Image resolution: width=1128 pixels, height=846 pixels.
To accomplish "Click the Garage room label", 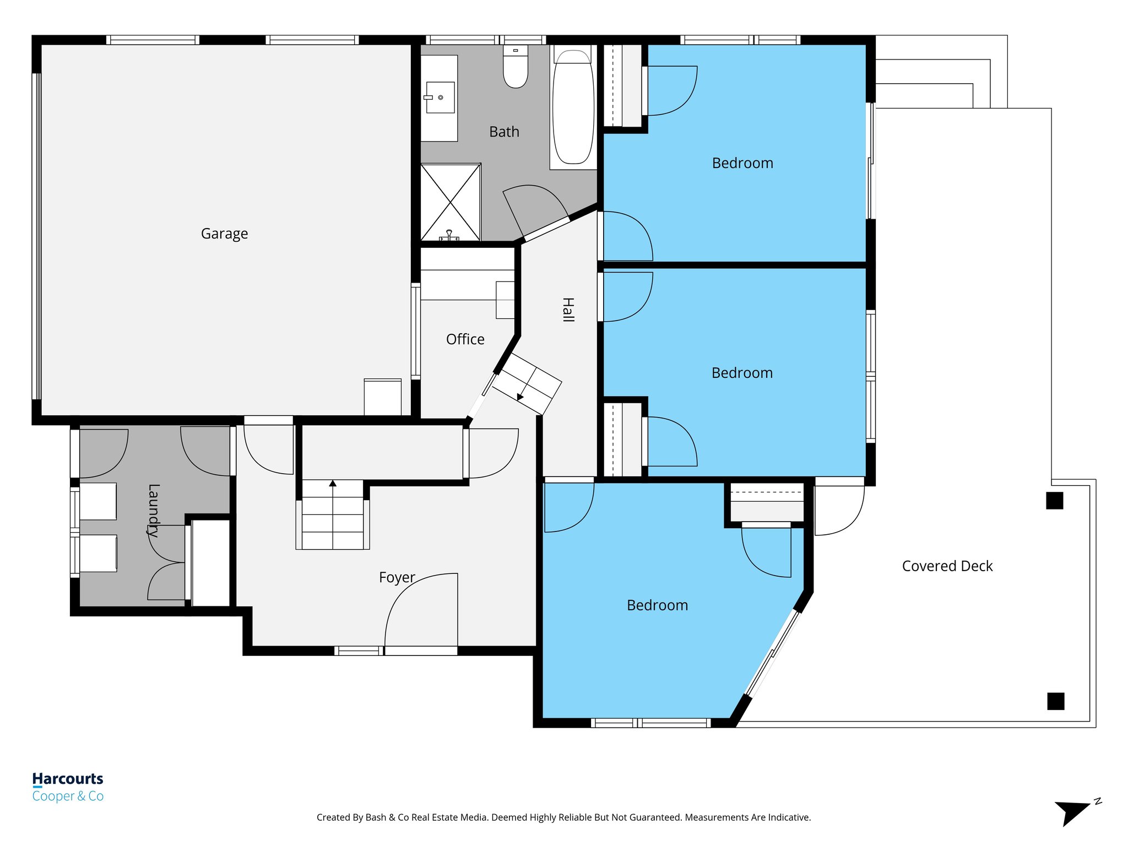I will pyautogui.click(x=224, y=234).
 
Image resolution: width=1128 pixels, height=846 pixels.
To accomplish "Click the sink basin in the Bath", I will pyautogui.click(x=441, y=97).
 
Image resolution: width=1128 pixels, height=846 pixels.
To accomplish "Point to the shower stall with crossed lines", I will pyautogui.click(x=451, y=202).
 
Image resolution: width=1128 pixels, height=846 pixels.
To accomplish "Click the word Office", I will pyautogui.click(x=465, y=339).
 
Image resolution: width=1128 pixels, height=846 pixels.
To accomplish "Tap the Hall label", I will pyautogui.click(x=568, y=310).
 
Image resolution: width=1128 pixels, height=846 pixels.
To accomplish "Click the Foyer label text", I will pyautogui.click(x=397, y=577).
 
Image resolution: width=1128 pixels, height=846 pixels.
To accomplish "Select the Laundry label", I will pyautogui.click(x=154, y=511).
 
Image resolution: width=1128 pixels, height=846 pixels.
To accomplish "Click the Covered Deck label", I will pyautogui.click(x=947, y=566).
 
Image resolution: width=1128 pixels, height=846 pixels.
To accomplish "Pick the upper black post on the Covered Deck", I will pyautogui.click(x=1054, y=501).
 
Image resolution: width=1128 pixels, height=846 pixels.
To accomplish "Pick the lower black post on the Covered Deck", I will pyautogui.click(x=1055, y=701).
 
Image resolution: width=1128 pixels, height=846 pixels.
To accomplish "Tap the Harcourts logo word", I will pyautogui.click(x=68, y=779).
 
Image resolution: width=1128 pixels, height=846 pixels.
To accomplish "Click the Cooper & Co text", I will pyautogui.click(x=68, y=796).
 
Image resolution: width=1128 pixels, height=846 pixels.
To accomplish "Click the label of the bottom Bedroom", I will pyautogui.click(x=657, y=605).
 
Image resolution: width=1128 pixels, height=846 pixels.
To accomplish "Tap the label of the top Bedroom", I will pyautogui.click(x=742, y=163).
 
